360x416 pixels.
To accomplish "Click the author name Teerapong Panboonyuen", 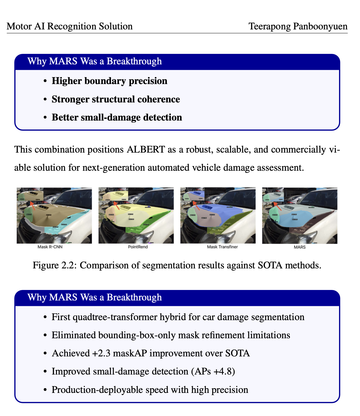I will (298, 27).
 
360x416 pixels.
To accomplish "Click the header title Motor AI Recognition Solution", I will (70, 27).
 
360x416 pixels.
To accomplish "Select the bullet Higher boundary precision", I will (109, 81).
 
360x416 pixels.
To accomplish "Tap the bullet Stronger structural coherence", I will (116, 99).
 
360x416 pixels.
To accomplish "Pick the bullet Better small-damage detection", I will (117, 117).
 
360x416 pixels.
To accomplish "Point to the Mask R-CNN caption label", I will (50, 247).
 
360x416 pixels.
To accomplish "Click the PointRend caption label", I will (138, 247).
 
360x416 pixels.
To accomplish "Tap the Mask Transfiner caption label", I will (222, 247).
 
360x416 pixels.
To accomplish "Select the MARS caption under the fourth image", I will (300, 247).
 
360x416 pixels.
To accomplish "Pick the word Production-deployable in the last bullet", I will (96, 390).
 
